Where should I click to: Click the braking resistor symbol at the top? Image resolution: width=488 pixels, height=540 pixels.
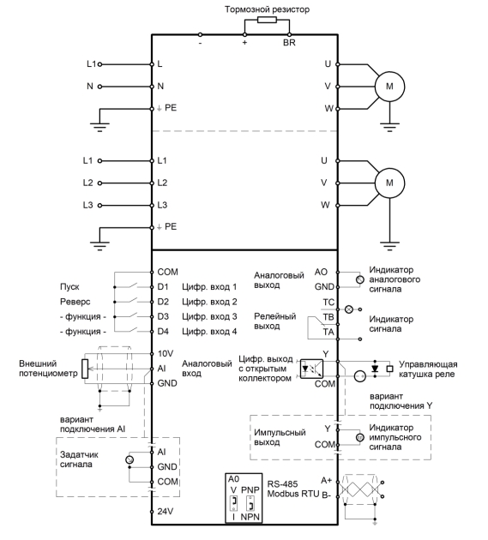267,20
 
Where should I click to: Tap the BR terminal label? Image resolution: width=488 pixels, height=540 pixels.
289,43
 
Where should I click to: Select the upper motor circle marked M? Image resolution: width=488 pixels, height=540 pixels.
389,87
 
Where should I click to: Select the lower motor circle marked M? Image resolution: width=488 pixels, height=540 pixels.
389,183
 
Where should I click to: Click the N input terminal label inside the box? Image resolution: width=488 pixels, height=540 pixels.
160,86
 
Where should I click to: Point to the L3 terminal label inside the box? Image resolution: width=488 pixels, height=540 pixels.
162,205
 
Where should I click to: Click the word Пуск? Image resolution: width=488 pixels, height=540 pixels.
69,287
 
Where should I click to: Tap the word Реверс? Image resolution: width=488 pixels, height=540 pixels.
75,302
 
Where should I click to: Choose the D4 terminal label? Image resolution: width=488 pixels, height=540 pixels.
163,332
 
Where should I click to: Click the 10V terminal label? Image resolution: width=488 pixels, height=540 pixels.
166,354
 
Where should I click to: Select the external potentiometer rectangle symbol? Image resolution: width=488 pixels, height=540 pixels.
85,369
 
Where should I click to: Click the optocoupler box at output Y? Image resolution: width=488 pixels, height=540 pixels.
311,369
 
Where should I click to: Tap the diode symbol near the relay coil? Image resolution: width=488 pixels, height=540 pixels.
375,369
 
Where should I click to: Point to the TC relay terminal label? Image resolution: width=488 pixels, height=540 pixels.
328,303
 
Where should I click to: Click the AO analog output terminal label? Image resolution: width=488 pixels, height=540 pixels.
321,272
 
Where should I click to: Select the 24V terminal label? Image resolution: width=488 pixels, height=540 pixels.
166,512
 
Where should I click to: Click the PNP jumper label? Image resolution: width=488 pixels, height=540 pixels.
250,489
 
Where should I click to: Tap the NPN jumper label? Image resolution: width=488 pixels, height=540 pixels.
250,517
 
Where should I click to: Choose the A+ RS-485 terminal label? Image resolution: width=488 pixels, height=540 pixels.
327,480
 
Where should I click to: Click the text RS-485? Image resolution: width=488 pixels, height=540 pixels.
282,484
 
